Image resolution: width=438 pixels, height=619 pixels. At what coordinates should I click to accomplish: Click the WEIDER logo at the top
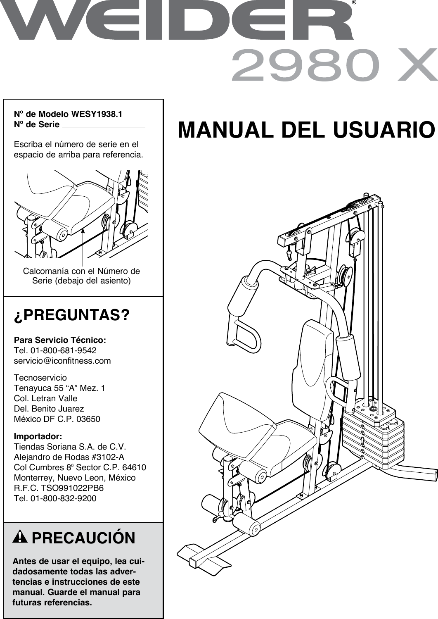tap(178, 21)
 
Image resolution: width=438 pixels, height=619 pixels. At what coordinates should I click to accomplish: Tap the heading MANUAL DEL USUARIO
tap(306, 130)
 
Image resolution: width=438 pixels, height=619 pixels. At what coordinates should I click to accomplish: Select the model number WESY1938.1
tap(97, 114)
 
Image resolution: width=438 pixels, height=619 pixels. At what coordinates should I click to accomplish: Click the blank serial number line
tap(104, 125)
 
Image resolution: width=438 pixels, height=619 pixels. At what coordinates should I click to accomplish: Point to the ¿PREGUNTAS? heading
tap(72, 316)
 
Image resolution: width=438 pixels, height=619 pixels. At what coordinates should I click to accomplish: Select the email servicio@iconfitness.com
tap(62, 361)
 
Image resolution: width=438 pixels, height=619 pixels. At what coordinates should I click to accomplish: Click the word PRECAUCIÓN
tap(83, 538)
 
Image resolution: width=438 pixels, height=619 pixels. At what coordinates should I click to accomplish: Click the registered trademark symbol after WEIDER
tap(354, 3)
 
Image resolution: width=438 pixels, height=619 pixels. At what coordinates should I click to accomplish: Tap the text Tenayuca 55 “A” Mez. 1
tap(59, 388)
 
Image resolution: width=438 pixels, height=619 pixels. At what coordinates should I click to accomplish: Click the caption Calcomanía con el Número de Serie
tap(81, 276)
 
